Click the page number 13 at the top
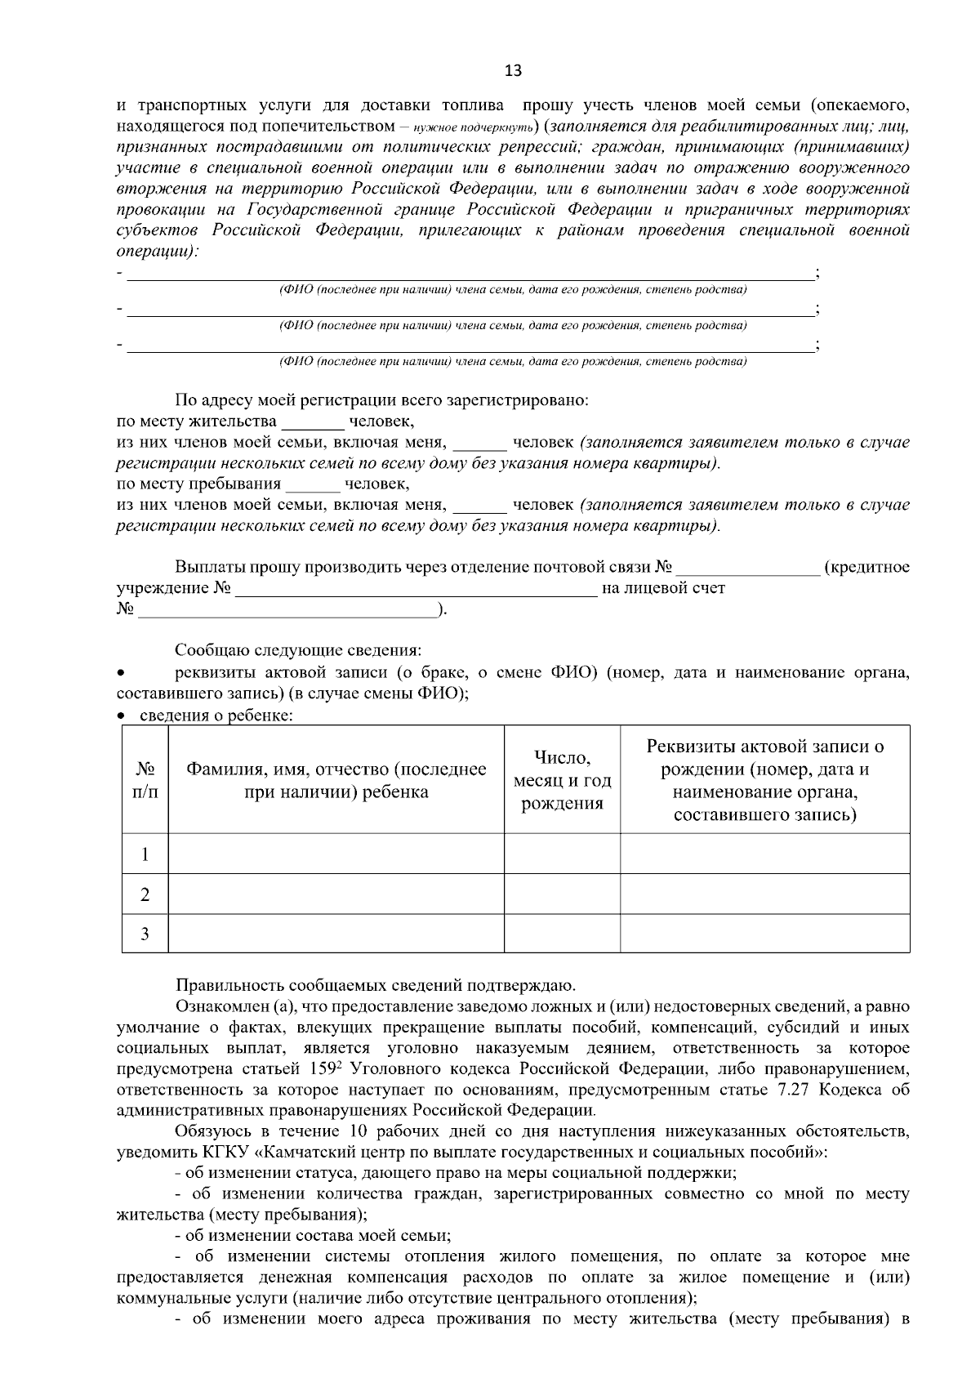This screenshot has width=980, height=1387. pos(513,70)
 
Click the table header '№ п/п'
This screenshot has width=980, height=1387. pos(145,780)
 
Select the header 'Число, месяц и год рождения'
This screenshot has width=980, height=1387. pos(562,780)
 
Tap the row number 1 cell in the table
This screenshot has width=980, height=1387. pos(145,854)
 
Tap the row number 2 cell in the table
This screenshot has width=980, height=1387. pos(145,894)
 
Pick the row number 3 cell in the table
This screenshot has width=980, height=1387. pos(145,934)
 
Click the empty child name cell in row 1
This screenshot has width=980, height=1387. pos(336,854)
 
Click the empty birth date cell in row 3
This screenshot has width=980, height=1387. pos(562,934)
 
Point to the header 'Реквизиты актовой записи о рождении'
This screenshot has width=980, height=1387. pos(764,780)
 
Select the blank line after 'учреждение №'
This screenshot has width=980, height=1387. pos(416,589)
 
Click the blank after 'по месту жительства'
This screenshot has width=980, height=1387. pos(313,423)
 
